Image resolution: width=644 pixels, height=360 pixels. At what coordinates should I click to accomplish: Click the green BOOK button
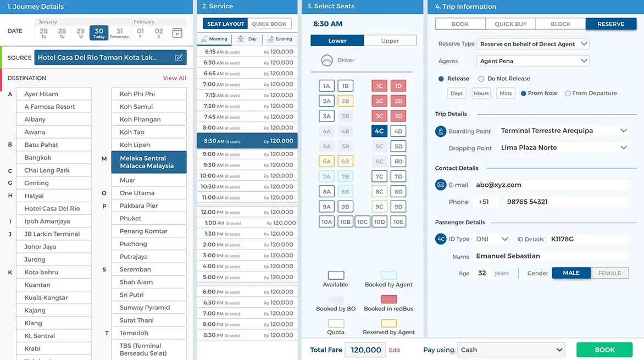[604, 350]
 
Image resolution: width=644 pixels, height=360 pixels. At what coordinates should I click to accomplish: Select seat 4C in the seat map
[379, 131]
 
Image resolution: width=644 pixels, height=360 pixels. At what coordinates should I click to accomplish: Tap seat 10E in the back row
[398, 222]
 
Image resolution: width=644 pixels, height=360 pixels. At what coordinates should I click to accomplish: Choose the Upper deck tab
[390, 41]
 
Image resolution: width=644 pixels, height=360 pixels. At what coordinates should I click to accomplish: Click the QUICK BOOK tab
[269, 24]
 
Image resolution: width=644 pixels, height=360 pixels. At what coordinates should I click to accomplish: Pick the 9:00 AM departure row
[247, 154]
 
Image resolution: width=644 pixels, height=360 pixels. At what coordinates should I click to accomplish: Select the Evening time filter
[280, 39]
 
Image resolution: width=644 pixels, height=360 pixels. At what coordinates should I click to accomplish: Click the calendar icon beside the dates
[177, 33]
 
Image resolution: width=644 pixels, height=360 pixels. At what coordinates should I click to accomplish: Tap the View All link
[174, 78]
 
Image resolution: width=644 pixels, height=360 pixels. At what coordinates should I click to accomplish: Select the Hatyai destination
[53, 196]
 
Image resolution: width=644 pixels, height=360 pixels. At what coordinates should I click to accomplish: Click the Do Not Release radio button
[481, 79]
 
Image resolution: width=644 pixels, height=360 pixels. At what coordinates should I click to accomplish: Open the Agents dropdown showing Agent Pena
[532, 61]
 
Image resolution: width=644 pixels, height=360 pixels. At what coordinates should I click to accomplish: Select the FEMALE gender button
[609, 273]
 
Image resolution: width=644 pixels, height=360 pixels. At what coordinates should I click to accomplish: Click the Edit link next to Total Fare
[395, 350]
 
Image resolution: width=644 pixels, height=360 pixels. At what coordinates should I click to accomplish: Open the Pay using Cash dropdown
[511, 350]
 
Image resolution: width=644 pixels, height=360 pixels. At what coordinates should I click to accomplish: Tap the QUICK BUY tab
[510, 24]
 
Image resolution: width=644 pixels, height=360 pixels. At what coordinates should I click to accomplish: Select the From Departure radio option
[568, 93]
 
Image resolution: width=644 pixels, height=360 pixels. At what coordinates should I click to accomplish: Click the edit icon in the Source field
[179, 58]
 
